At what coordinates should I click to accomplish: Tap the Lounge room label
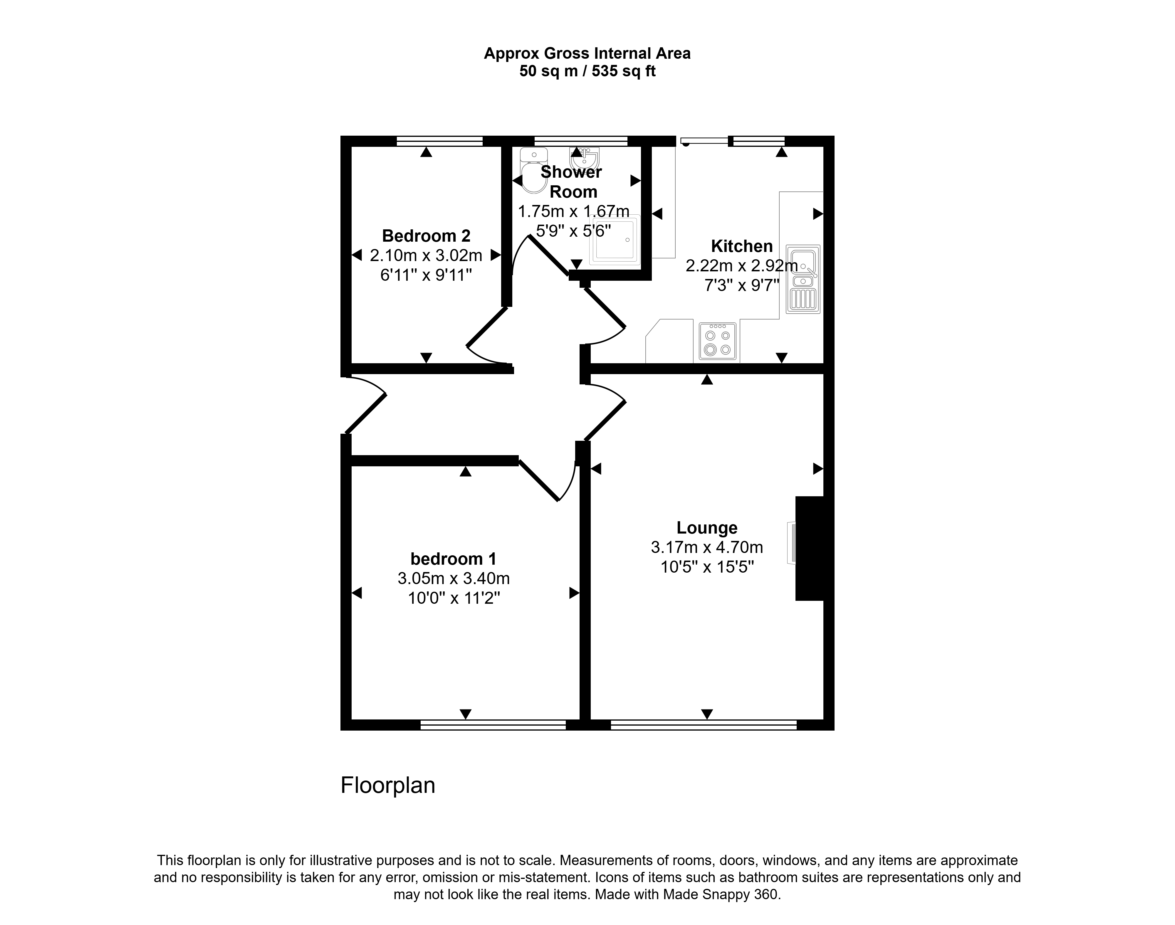point(707,527)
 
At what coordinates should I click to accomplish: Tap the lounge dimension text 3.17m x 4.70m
point(707,548)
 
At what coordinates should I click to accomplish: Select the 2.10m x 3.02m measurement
point(426,255)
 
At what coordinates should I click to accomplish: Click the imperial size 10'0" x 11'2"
point(454,598)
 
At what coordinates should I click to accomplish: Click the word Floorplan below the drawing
point(388,785)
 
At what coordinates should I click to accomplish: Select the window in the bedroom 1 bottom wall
point(493,725)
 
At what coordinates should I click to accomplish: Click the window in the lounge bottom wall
point(704,725)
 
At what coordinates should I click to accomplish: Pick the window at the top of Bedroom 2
point(439,141)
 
